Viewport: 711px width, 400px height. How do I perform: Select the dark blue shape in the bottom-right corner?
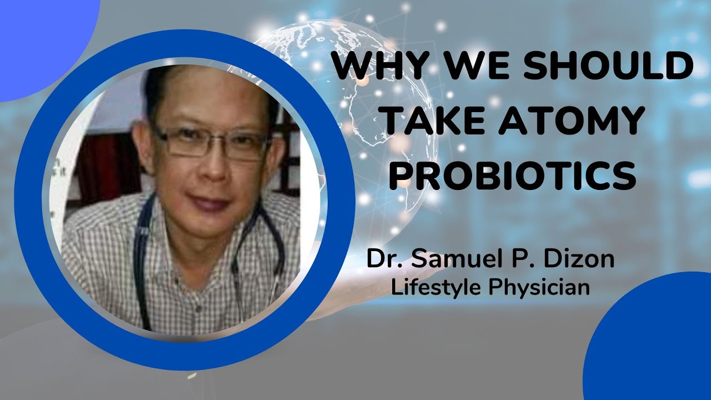655,344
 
